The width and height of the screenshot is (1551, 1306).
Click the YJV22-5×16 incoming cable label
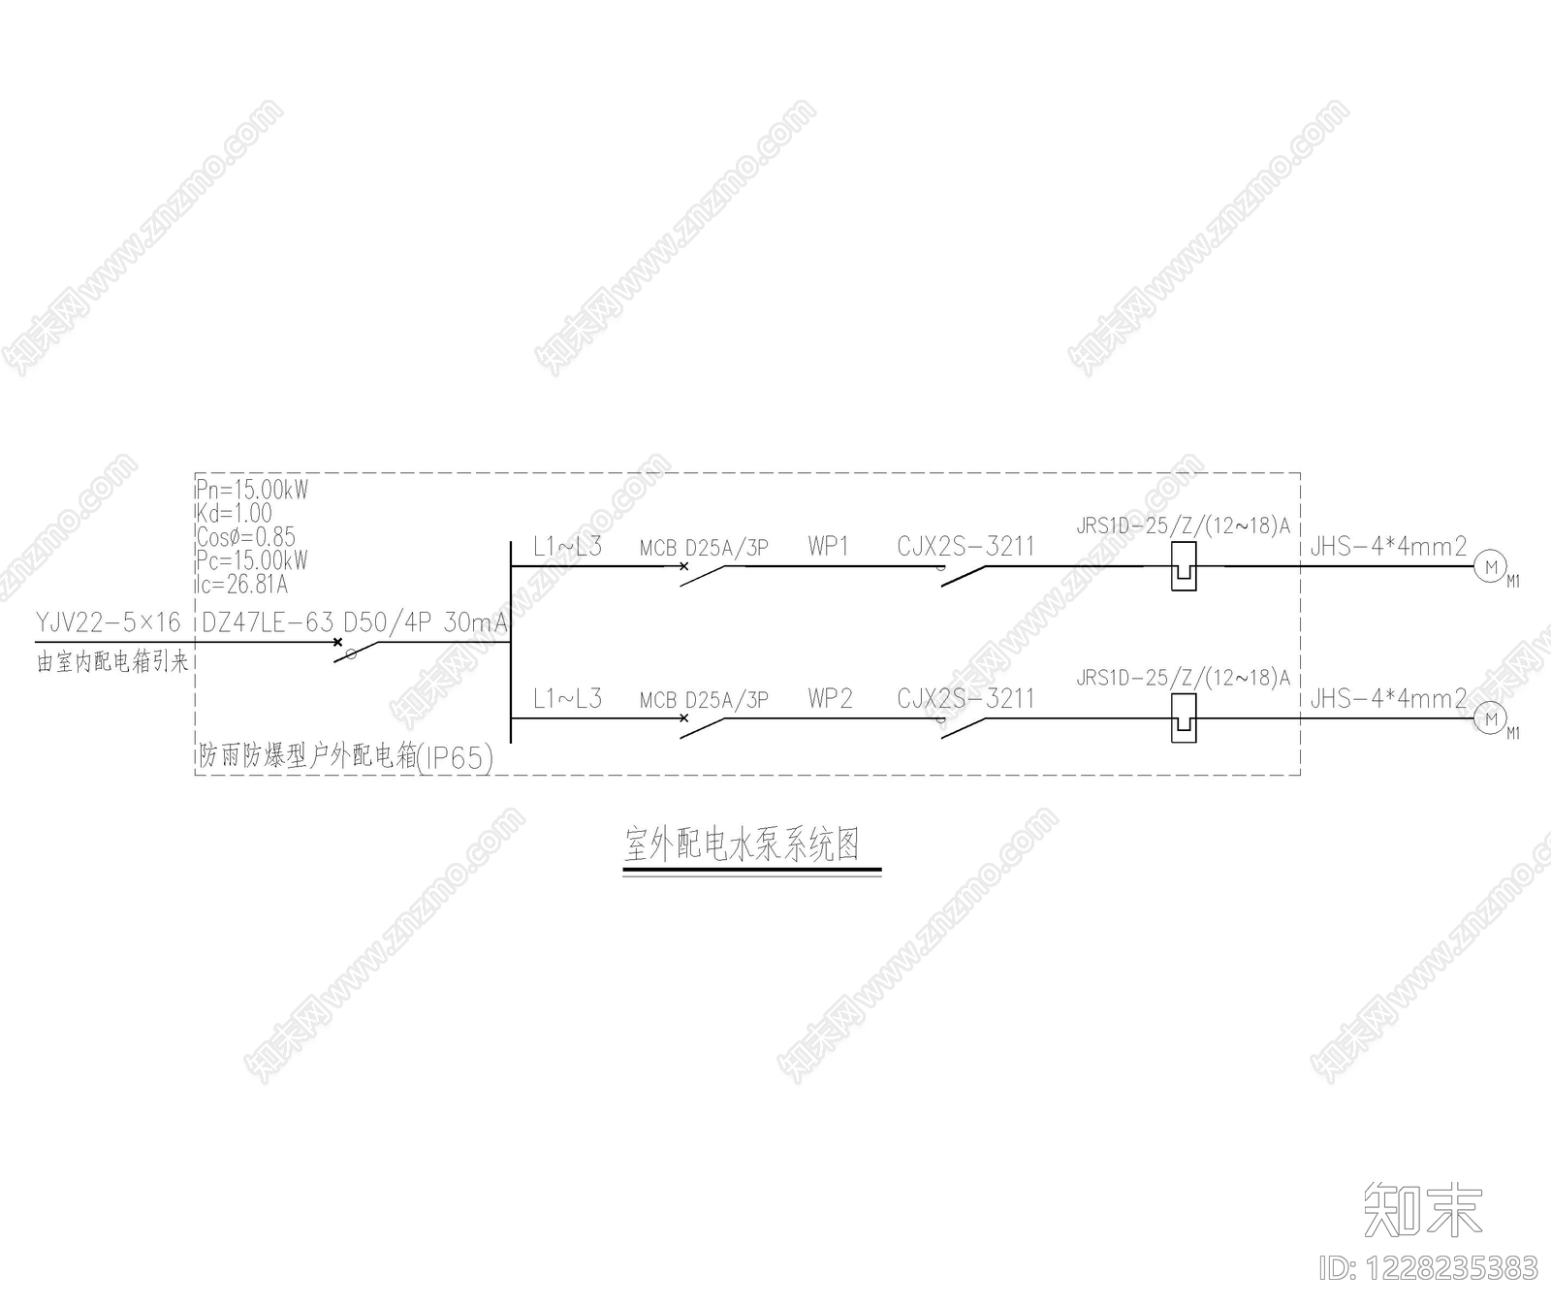tap(109, 622)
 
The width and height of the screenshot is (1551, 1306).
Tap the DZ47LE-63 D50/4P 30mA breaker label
tap(354, 622)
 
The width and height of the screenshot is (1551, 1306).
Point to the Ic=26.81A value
tap(242, 585)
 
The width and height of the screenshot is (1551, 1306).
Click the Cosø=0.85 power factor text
tap(246, 537)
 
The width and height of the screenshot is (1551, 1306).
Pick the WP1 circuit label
tap(829, 546)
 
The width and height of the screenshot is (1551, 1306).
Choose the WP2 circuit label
tap(830, 699)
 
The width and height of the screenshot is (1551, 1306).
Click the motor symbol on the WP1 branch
tap(1491, 567)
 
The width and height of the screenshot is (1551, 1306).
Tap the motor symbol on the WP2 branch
tap(1491, 719)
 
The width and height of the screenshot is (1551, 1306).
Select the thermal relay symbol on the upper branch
tap(1184, 566)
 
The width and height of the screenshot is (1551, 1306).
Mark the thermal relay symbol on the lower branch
tap(1184, 718)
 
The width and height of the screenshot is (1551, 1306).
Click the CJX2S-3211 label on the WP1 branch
tap(965, 547)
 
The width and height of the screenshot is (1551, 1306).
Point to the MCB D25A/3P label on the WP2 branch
tap(704, 700)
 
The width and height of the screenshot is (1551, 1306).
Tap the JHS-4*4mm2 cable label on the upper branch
tap(1388, 547)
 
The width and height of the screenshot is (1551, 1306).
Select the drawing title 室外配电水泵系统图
tap(743, 844)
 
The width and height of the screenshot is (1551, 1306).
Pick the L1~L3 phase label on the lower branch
tap(567, 698)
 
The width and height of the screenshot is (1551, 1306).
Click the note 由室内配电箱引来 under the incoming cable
tap(112, 663)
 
